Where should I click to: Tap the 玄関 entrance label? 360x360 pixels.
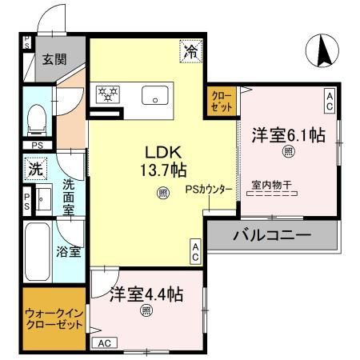pos(55,59)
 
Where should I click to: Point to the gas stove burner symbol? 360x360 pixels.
pos(106,94)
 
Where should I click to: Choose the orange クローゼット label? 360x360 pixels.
pos(221,101)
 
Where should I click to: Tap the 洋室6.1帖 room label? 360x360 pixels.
pos(289,135)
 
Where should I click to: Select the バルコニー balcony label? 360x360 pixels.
pos(272,237)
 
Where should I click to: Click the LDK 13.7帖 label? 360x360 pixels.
pos(166,161)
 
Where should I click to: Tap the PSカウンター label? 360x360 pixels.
pos(209,190)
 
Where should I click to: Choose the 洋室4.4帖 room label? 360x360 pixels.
pos(146,294)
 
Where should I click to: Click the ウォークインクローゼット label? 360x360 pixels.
pos(54,319)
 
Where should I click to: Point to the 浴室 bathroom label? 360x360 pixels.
pos(68,251)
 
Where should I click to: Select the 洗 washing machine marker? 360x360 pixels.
pos(34,170)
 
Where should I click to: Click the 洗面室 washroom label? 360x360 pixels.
pos(68,197)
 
